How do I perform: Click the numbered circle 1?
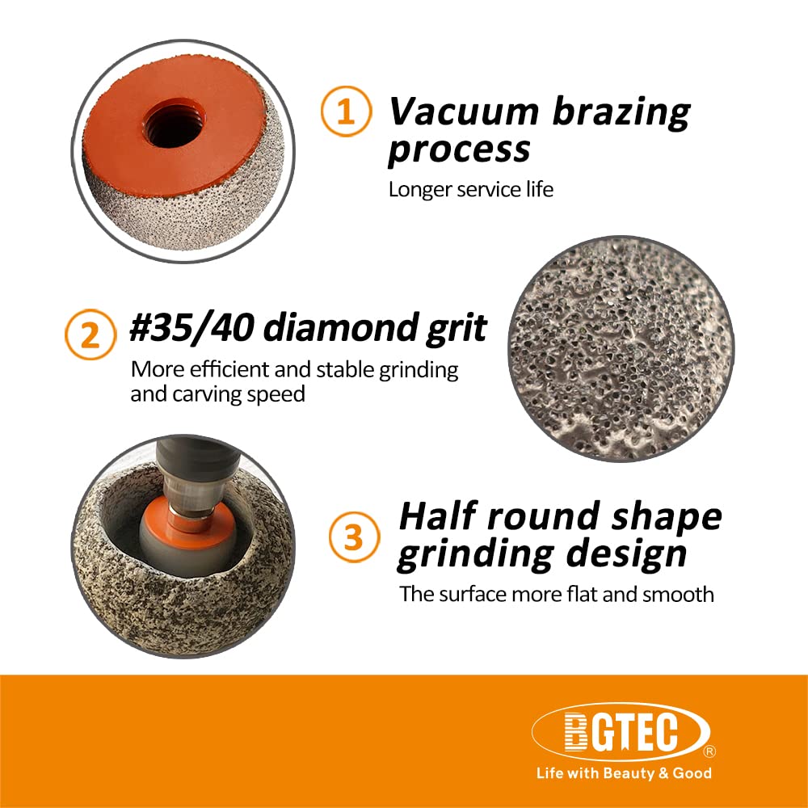[345, 112]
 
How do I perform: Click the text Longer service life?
[470, 190]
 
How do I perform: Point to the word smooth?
[678, 595]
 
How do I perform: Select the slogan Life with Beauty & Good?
[624, 773]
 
